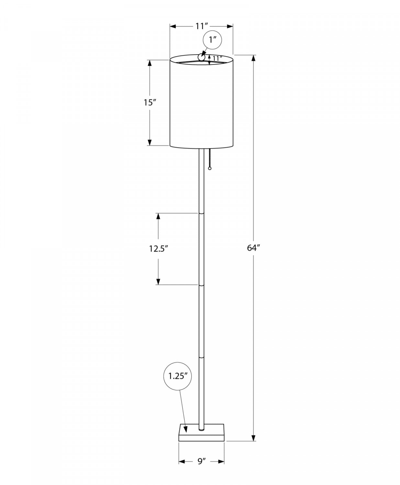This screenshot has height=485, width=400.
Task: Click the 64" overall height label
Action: pyautogui.click(x=254, y=248)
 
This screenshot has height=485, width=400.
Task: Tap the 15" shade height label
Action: pyautogui.click(x=150, y=103)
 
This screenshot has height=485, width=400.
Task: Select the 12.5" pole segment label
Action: pyautogui.click(x=159, y=249)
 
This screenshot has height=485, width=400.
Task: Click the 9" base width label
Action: pyautogui.click(x=202, y=461)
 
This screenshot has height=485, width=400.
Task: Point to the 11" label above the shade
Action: pyautogui.click(x=201, y=26)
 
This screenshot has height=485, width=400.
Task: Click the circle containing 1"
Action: pyautogui.click(x=212, y=40)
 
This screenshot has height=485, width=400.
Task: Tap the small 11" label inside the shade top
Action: pyautogui.click(x=217, y=59)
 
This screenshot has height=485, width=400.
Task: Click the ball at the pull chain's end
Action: pyautogui.click(x=210, y=168)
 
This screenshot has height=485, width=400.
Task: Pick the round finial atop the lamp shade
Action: pyautogui.click(x=202, y=58)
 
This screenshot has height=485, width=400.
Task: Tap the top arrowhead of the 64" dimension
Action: pyautogui.click(x=254, y=58)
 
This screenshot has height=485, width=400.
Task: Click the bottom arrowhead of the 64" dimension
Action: pyautogui.click(x=254, y=437)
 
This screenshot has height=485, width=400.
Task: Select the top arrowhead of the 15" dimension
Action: pyautogui.click(x=150, y=63)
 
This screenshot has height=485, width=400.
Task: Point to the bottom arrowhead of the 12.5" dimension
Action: pyautogui.click(x=158, y=282)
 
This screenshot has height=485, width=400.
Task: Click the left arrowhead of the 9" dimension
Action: pyautogui.click(x=182, y=461)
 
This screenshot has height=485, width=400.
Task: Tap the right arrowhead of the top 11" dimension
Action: pyautogui.click(x=230, y=26)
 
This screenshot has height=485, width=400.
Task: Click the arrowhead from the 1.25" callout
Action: pyautogui.click(x=186, y=429)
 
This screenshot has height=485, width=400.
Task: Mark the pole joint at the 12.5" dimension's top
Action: pyautogui.click(x=201, y=213)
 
